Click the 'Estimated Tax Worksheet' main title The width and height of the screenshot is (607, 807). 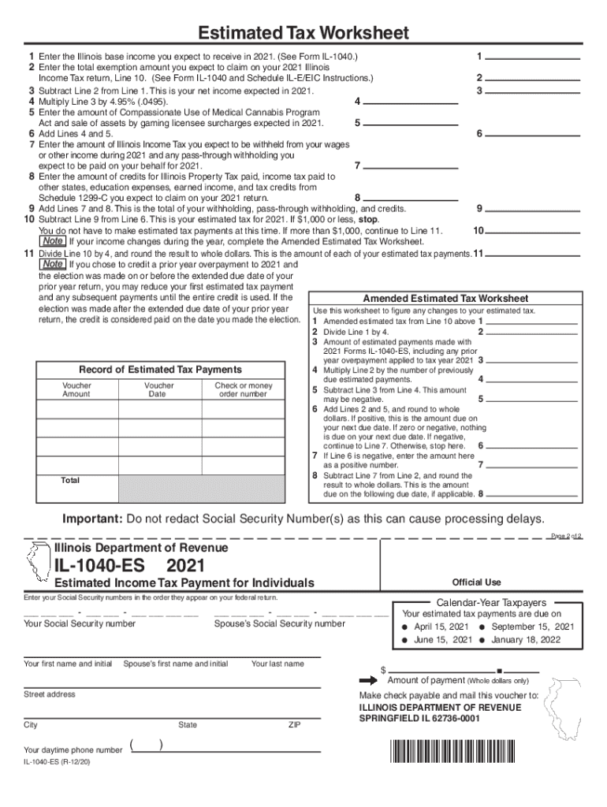point(303,33)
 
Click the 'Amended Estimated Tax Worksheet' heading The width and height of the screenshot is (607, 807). point(445,299)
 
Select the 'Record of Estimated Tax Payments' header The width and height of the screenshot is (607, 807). point(160,370)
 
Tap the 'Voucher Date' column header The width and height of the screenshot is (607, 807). point(159,390)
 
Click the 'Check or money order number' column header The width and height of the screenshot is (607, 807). point(243,390)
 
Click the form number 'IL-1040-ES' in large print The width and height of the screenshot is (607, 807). point(103,566)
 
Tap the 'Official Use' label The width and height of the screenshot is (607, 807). point(476,582)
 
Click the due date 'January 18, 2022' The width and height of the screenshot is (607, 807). point(527,639)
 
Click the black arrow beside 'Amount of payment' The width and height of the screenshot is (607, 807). point(369,680)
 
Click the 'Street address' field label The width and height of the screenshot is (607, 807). point(50,694)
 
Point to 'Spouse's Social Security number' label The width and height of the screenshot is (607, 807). point(279,623)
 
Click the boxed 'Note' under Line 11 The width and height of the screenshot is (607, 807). point(54,264)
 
